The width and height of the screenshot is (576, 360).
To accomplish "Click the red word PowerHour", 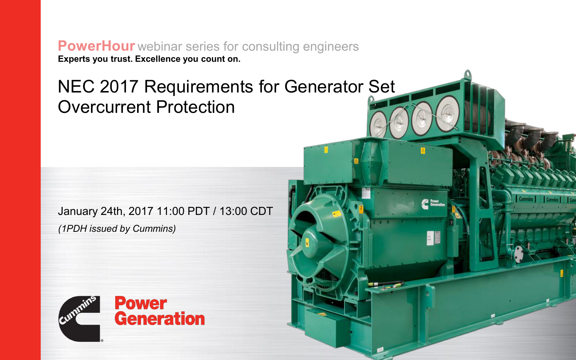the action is (96, 46).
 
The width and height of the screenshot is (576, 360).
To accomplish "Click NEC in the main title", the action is (76, 87).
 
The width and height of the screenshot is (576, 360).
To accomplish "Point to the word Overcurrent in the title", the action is (104, 107).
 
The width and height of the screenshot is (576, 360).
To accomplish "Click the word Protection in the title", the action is (195, 107).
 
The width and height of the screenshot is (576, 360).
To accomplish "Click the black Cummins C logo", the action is (79, 319).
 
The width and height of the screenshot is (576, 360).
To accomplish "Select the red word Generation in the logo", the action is (160, 319).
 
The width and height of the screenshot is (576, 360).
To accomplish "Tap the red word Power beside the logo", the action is (141, 304).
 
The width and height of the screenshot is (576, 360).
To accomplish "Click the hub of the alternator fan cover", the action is (308, 241).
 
